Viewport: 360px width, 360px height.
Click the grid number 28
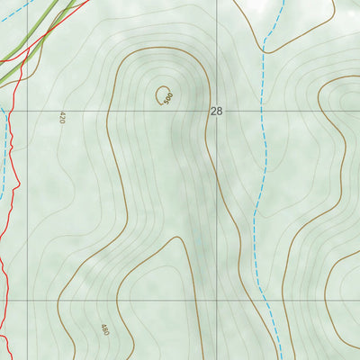click(216, 112)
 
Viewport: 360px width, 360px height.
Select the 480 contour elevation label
click(104, 330)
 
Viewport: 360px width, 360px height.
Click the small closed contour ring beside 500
click(164, 94)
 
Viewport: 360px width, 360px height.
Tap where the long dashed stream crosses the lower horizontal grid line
click(260, 301)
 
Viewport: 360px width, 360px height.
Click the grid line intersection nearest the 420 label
click(27, 112)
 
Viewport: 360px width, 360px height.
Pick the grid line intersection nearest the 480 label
click(27, 301)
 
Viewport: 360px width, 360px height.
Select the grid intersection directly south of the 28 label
click(216, 301)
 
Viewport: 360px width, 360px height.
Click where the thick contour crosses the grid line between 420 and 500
click(107, 112)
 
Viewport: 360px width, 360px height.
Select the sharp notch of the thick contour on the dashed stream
click(266, 41)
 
